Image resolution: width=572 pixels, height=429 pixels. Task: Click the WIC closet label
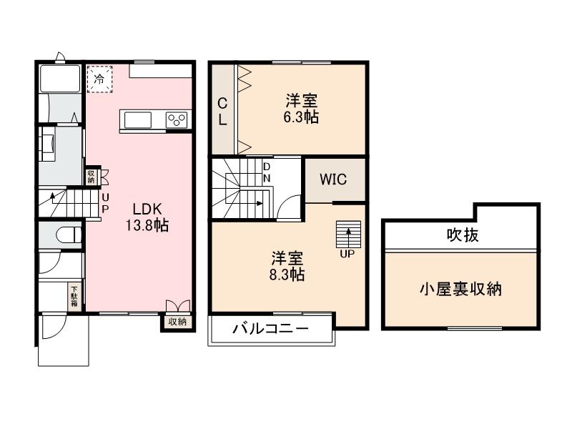coord(333,179)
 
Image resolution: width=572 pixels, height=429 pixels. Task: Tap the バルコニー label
coord(270,330)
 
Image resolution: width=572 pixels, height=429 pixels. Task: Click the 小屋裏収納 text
coord(460,290)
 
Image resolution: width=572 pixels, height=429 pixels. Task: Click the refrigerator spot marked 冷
coord(100,79)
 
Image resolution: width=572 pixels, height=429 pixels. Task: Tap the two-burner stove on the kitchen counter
coord(177,120)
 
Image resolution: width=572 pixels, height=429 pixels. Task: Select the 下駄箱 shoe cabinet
coord(74,296)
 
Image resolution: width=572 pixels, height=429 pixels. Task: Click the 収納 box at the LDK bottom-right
coord(177,322)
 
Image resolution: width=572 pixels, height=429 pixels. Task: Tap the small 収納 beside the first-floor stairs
coord(92,176)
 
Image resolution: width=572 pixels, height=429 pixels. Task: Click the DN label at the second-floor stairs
coord(267,172)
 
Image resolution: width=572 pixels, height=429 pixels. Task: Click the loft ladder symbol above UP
coord(348,234)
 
